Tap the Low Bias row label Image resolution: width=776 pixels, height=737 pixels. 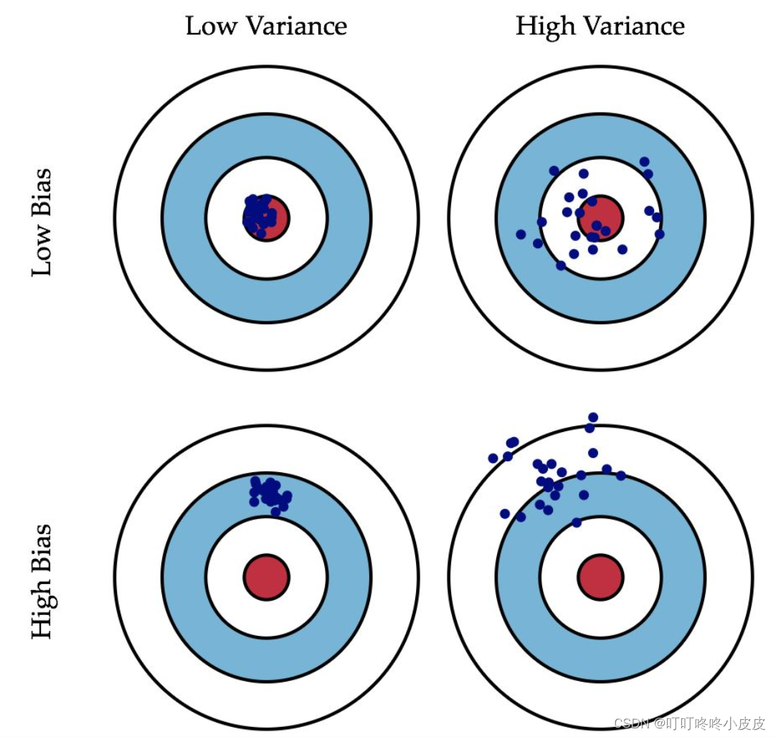42,222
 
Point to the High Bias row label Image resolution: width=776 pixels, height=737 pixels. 42,581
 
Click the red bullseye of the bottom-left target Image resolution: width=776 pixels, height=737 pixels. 266,577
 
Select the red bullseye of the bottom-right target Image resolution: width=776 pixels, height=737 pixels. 600,577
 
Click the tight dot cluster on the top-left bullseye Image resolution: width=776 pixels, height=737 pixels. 259,215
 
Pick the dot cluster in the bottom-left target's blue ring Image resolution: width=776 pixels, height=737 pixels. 270,493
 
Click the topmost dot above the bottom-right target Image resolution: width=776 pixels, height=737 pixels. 593,417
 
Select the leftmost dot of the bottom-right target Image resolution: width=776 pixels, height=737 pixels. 493,458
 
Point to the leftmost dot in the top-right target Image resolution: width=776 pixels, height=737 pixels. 521,234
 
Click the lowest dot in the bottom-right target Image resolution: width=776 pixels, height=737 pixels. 576,522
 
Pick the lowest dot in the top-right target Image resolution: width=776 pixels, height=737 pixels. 561,266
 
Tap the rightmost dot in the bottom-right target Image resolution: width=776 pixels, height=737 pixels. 620,475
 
